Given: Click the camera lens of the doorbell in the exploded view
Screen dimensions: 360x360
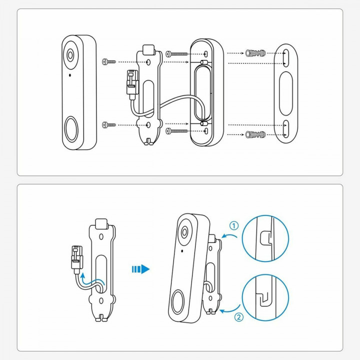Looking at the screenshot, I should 70,55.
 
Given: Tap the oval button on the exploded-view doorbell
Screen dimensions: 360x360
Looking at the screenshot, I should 71,128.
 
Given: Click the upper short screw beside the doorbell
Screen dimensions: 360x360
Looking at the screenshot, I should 108,61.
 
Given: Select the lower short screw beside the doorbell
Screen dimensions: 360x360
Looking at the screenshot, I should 108,123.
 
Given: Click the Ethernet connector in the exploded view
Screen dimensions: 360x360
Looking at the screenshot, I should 131,80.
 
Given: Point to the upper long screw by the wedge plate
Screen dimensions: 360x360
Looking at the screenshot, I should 177,53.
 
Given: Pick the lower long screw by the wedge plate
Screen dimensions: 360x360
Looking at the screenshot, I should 177,130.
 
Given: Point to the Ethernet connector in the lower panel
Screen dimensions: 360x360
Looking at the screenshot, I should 76,257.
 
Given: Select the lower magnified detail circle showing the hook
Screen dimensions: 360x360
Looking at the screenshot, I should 265,298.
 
